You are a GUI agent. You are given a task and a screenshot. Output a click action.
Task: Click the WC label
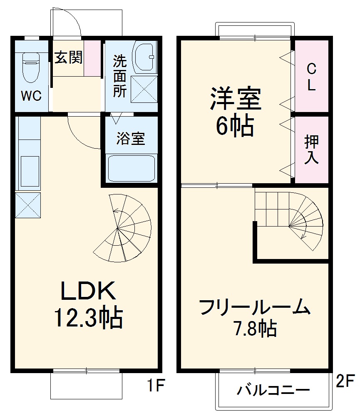(x=31, y=96)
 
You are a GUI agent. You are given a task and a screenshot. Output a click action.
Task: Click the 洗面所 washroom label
(x=120, y=77)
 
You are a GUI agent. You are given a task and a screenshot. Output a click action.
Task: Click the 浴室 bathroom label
(x=130, y=139)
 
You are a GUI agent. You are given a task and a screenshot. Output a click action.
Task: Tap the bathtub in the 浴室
(x=131, y=167)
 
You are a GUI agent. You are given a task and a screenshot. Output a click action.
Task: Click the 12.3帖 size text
(x=87, y=319)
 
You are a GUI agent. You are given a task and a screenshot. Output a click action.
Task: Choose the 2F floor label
(x=345, y=381)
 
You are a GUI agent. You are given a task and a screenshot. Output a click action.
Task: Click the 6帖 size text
(x=234, y=126)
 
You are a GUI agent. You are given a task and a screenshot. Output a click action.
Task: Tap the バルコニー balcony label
(x=273, y=391)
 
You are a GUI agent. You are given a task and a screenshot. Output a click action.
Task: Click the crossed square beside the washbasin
(x=144, y=89)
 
